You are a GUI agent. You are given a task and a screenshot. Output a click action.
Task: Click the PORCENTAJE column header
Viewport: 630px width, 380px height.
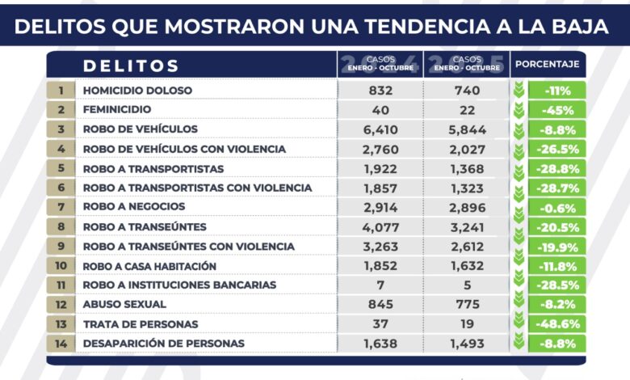(x=548, y=64)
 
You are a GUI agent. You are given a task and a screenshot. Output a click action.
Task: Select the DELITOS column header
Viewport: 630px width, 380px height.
(x=131, y=65)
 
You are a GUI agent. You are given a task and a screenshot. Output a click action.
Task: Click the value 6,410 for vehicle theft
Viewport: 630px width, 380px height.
(x=380, y=129)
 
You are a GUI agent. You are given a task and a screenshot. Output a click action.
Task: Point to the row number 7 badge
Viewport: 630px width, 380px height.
(x=61, y=207)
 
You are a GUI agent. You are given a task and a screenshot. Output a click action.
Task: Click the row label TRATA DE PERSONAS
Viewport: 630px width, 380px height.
(x=140, y=324)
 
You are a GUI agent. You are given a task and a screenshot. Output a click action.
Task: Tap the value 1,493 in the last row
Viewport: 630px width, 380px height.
(x=467, y=344)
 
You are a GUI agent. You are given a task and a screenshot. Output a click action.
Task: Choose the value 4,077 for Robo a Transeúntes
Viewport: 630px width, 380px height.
(x=380, y=227)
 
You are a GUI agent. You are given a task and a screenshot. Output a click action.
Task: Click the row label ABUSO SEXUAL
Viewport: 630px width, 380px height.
(x=124, y=305)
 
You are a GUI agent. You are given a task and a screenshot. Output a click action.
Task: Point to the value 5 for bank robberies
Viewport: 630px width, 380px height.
(x=467, y=285)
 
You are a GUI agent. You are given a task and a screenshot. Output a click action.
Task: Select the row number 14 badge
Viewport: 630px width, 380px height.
(x=61, y=344)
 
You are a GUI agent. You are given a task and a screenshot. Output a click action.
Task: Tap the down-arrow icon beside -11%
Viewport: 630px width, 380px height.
(x=519, y=91)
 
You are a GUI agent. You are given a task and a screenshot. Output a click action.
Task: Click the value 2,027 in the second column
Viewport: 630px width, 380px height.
(x=467, y=149)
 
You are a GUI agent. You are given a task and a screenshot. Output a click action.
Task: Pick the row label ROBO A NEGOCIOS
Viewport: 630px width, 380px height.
(x=134, y=207)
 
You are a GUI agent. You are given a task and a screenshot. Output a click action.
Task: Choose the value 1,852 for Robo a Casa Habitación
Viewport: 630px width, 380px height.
(x=380, y=266)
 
